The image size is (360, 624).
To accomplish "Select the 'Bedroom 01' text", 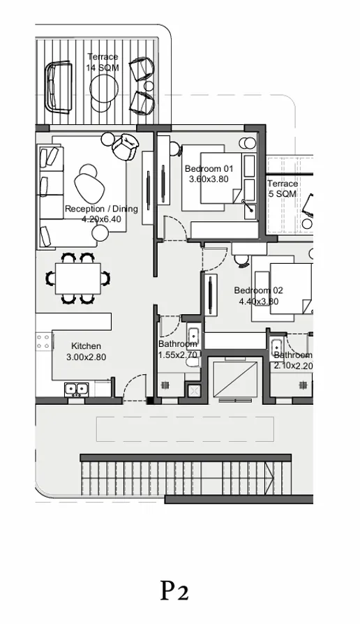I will tap(209, 169).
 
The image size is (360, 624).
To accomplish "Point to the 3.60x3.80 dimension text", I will tap(209, 179).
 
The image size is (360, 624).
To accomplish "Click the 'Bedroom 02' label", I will tap(258, 291).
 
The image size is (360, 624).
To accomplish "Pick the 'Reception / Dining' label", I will tap(101, 209).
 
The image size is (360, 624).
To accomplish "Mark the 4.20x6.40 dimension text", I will tap(101, 218).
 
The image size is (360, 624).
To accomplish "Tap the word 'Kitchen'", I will tap(86, 346).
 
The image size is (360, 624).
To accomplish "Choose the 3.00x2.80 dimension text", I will tap(86, 357).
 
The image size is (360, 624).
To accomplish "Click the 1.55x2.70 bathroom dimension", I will tap(178, 355).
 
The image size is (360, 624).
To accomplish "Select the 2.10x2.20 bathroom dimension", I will tap(293, 365).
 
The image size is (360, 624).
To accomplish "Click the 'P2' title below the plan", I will tap(174, 591).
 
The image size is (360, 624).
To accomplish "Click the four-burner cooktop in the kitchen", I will tap(43, 342).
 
